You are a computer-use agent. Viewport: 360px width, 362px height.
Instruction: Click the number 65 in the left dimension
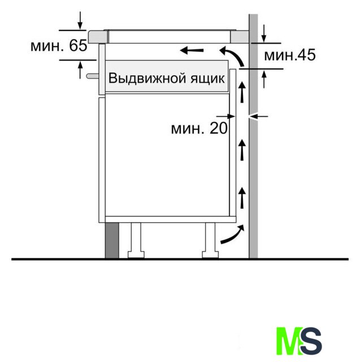78,45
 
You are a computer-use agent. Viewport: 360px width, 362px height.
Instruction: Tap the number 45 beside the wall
306,55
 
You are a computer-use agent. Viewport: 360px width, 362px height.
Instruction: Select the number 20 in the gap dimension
218,128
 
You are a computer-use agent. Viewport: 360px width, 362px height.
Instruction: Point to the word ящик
207,79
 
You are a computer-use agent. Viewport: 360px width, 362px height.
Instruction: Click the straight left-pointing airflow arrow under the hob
192,50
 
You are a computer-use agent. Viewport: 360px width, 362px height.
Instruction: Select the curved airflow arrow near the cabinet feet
232,234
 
